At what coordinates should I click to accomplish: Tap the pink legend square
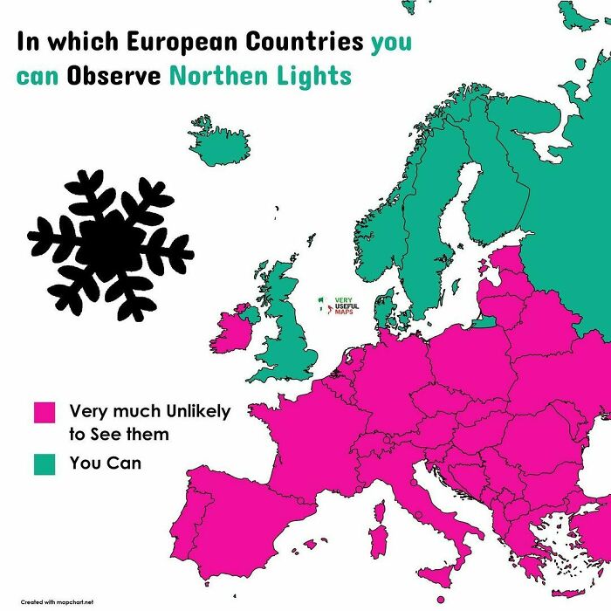(x=44, y=412)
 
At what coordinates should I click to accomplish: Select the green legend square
(x=44, y=463)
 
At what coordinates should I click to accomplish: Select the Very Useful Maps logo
(x=340, y=307)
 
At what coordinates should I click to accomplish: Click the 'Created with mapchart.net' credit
(x=58, y=601)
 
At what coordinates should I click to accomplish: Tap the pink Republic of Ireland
(x=229, y=332)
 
